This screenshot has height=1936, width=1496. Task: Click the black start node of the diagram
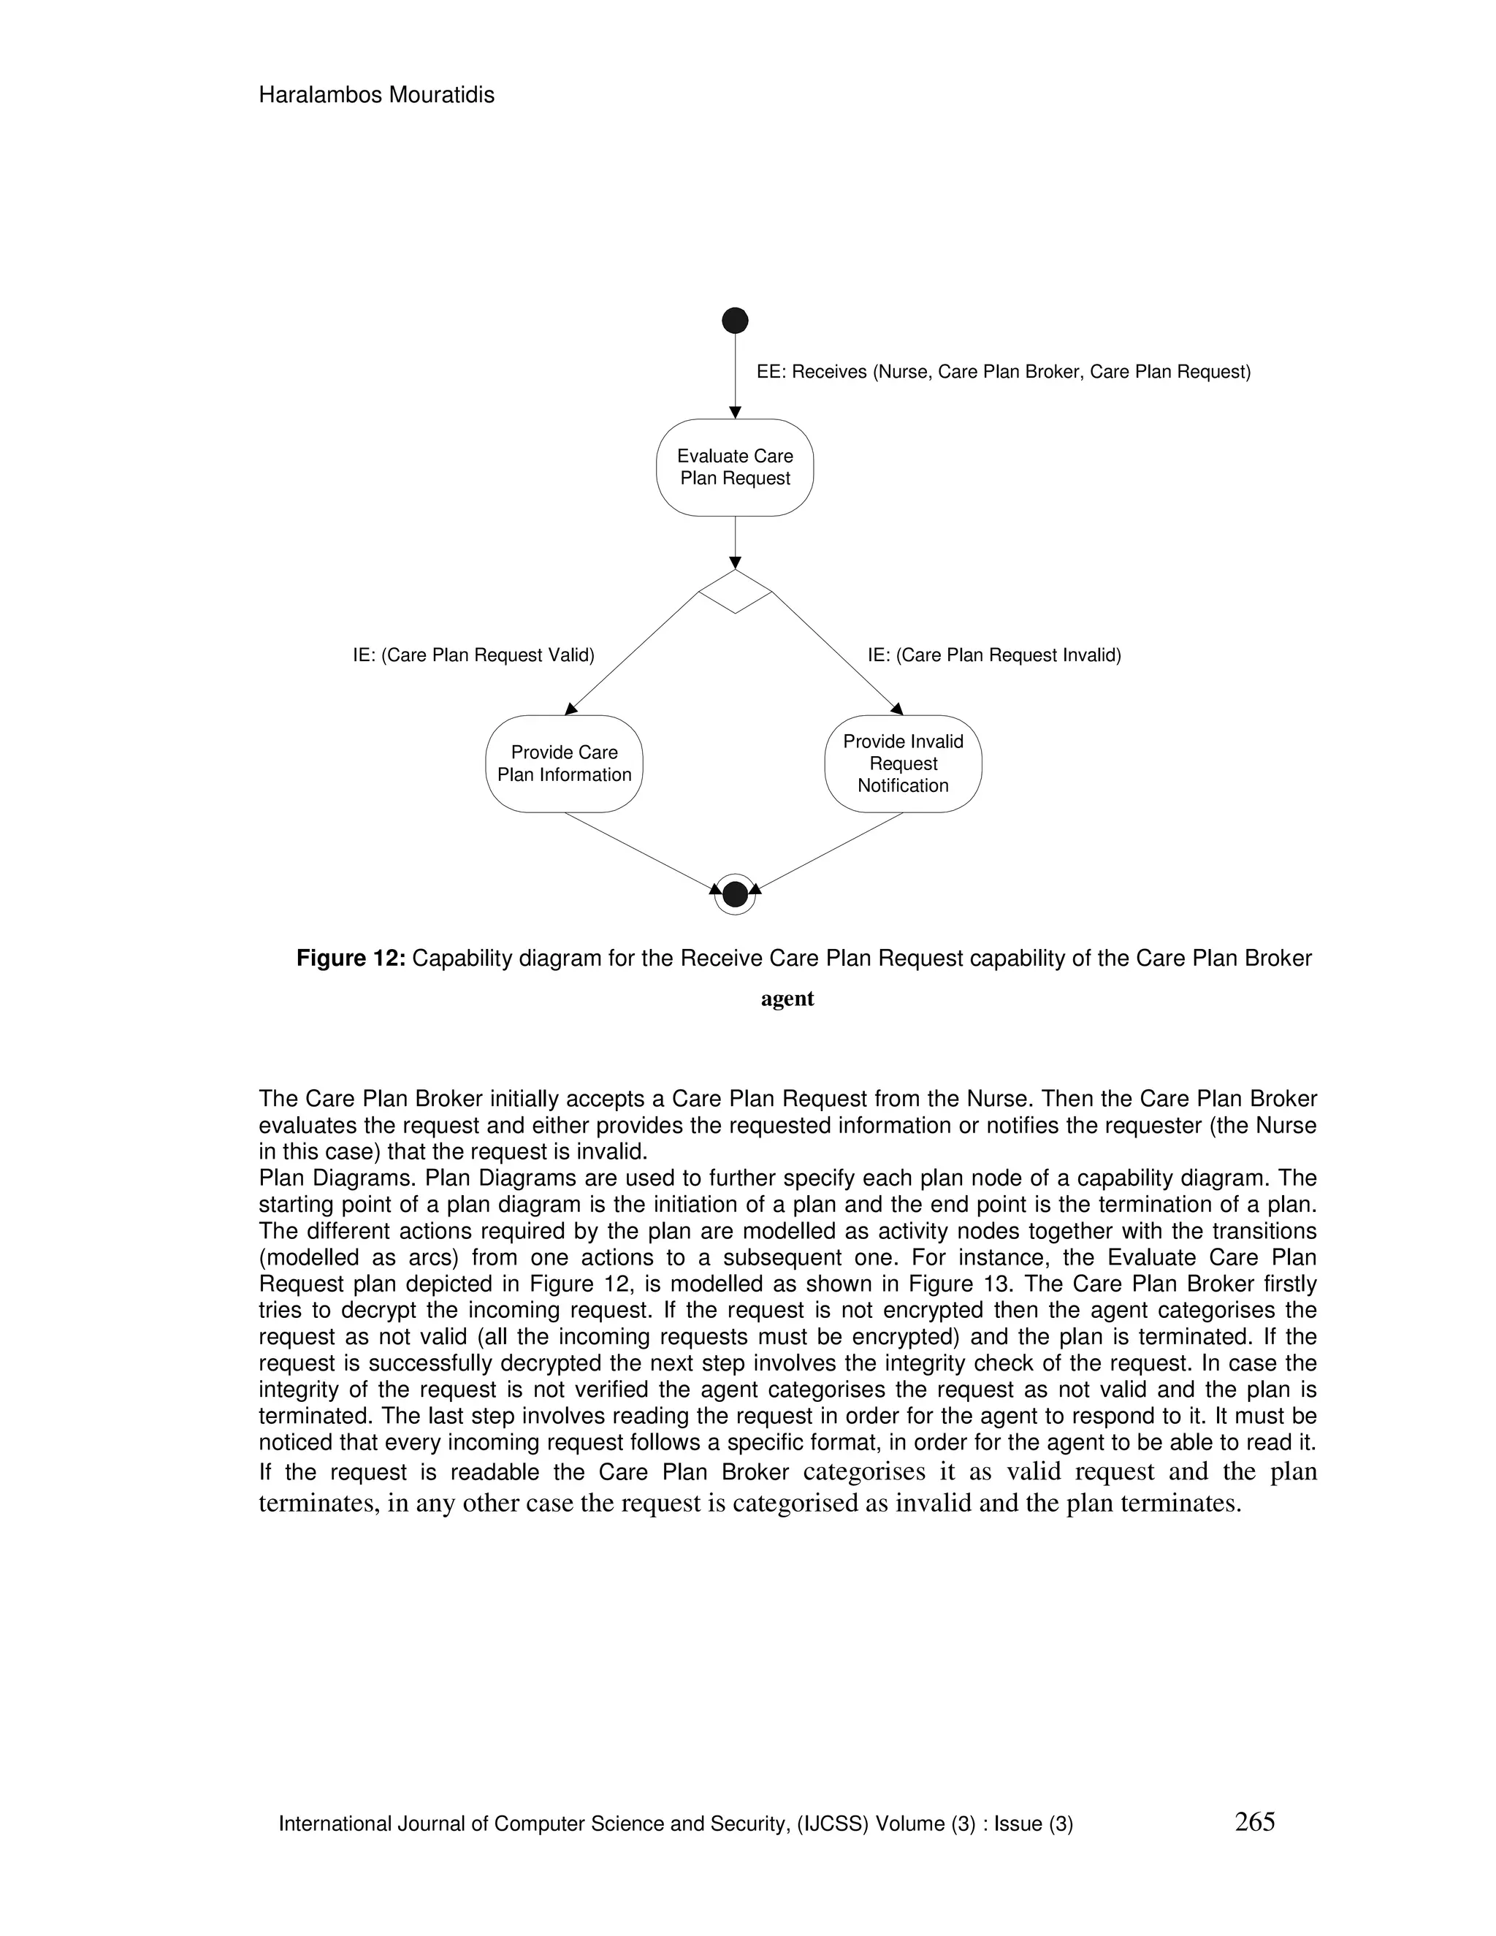pyautogui.click(x=735, y=320)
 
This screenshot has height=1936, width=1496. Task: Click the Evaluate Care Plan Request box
pyautogui.click(x=735, y=467)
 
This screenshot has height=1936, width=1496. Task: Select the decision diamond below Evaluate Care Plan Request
pyautogui.click(x=735, y=591)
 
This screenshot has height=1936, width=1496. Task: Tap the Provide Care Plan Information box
pyautogui.click(x=564, y=763)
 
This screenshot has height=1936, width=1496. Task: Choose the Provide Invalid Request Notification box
pyautogui.click(x=903, y=763)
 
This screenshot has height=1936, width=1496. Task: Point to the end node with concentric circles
pyautogui.click(x=735, y=894)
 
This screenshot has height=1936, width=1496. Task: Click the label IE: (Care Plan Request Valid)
pyautogui.click(x=473, y=655)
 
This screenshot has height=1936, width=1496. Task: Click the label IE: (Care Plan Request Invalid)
pyautogui.click(x=994, y=655)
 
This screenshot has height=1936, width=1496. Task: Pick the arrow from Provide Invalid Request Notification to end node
pyautogui.click(x=828, y=851)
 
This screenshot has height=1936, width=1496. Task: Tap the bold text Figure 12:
pyautogui.click(x=351, y=959)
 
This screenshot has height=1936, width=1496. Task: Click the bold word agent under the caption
pyautogui.click(x=787, y=999)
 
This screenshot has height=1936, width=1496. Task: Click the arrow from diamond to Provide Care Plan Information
pyautogui.click(x=631, y=653)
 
